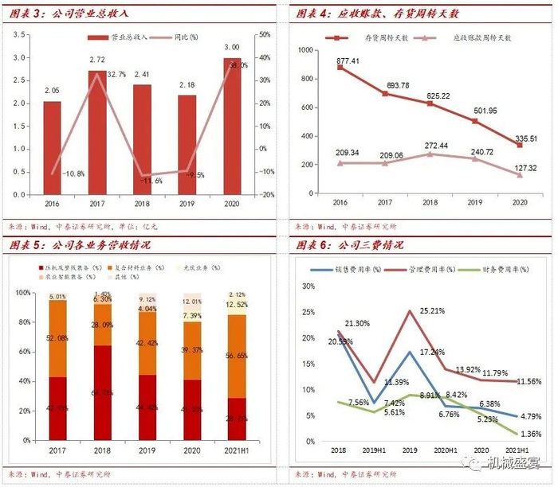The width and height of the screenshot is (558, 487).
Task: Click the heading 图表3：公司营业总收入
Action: pyautogui.click(x=69, y=14)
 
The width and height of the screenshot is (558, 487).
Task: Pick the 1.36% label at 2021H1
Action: pyautogui.click(x=525, y=434)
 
